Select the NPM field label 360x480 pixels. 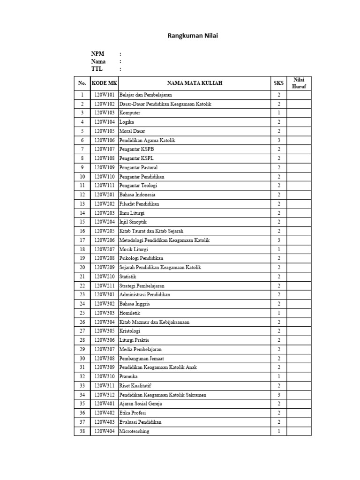[x=97, y=54]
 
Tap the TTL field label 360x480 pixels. [x=96, y=69]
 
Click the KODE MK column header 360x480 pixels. [x=105, y=83]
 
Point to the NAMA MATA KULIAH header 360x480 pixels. [x=194, y=83]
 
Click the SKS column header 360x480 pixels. [x=279, y=83]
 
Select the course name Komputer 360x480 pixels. [x=130, y=113]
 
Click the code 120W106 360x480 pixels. [x=105, y=140]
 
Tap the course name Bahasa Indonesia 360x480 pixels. [x=137, y=195]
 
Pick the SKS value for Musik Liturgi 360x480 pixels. [x=279, y=249]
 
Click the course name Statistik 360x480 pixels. [x=128, y=277]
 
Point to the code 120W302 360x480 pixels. [x=105, y=304]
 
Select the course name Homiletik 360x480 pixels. [x=130, y=313]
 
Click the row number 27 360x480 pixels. [x=82, y=331]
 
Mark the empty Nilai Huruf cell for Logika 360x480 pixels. [x=299, y=122]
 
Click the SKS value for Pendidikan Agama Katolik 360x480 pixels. [x=279, y=140]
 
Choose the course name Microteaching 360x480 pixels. [x=134, y=431]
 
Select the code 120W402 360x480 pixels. [x=105, y=413]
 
